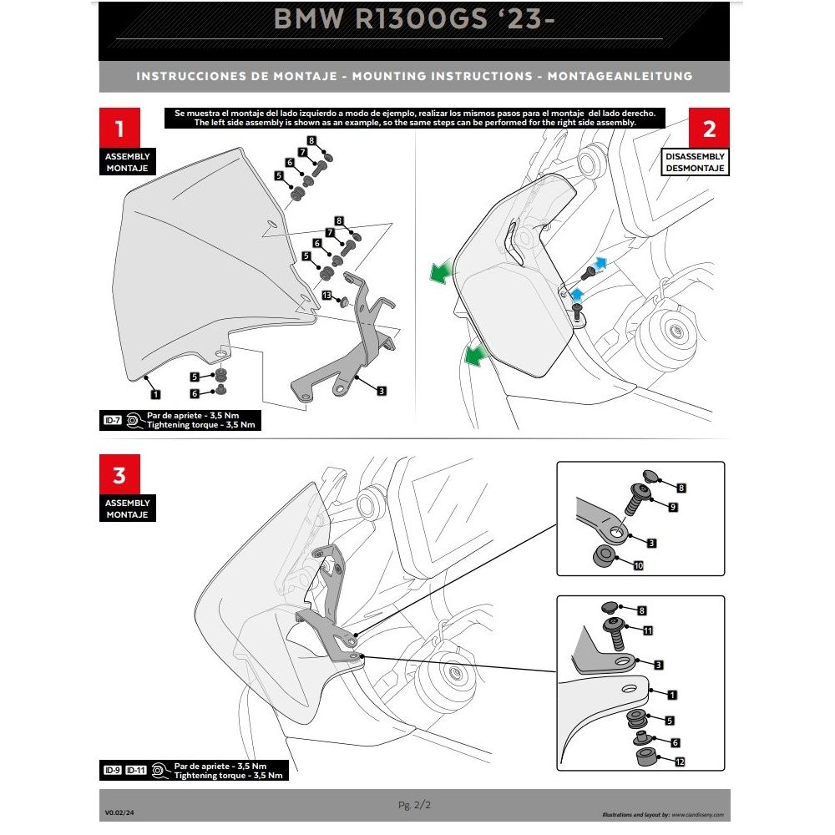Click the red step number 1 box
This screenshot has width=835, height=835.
click(119, 129)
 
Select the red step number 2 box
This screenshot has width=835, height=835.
click(709, 129)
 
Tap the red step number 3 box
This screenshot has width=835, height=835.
click(119, 475)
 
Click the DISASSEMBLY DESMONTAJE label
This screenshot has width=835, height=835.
click(695, 162)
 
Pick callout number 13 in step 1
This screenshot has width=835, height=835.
click(326, 296)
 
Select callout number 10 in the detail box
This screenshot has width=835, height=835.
click(639, 565)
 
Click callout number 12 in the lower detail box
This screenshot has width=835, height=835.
click(680, 761)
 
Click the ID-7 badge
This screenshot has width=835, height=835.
click(112, 421)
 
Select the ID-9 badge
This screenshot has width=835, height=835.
click(112, 770)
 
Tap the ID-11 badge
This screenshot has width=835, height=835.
click(137, 770)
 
